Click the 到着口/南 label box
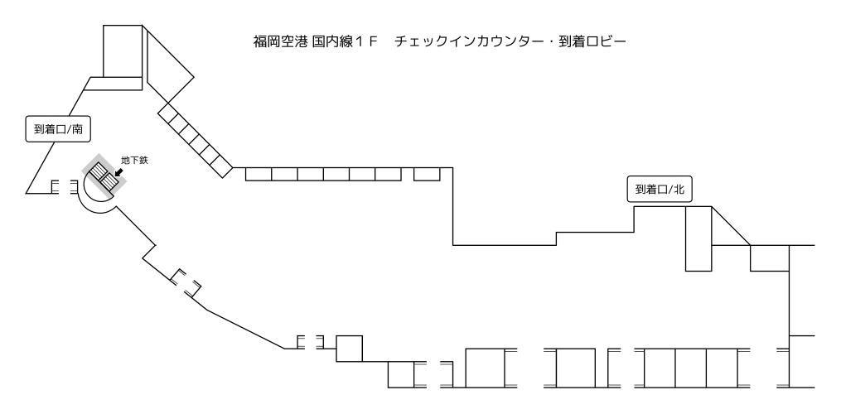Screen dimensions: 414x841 click(x=57, y=129)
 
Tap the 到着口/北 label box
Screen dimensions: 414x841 click(x=659, y=189)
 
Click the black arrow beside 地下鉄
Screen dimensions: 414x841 click(x=119, y=173)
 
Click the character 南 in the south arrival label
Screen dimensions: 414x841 click(x=77, y=129)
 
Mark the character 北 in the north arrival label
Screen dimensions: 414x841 click(x=679, y=189)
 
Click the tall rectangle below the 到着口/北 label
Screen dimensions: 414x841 click(x=698, y=238)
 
